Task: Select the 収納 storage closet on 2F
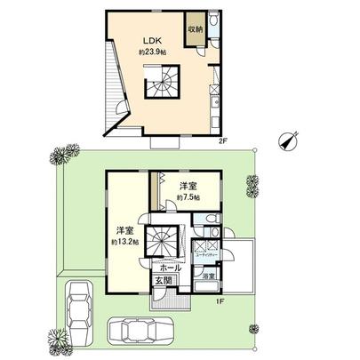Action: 194,29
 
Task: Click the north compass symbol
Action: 286,140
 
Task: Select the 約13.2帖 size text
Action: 124,241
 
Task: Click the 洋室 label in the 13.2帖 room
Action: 123,228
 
